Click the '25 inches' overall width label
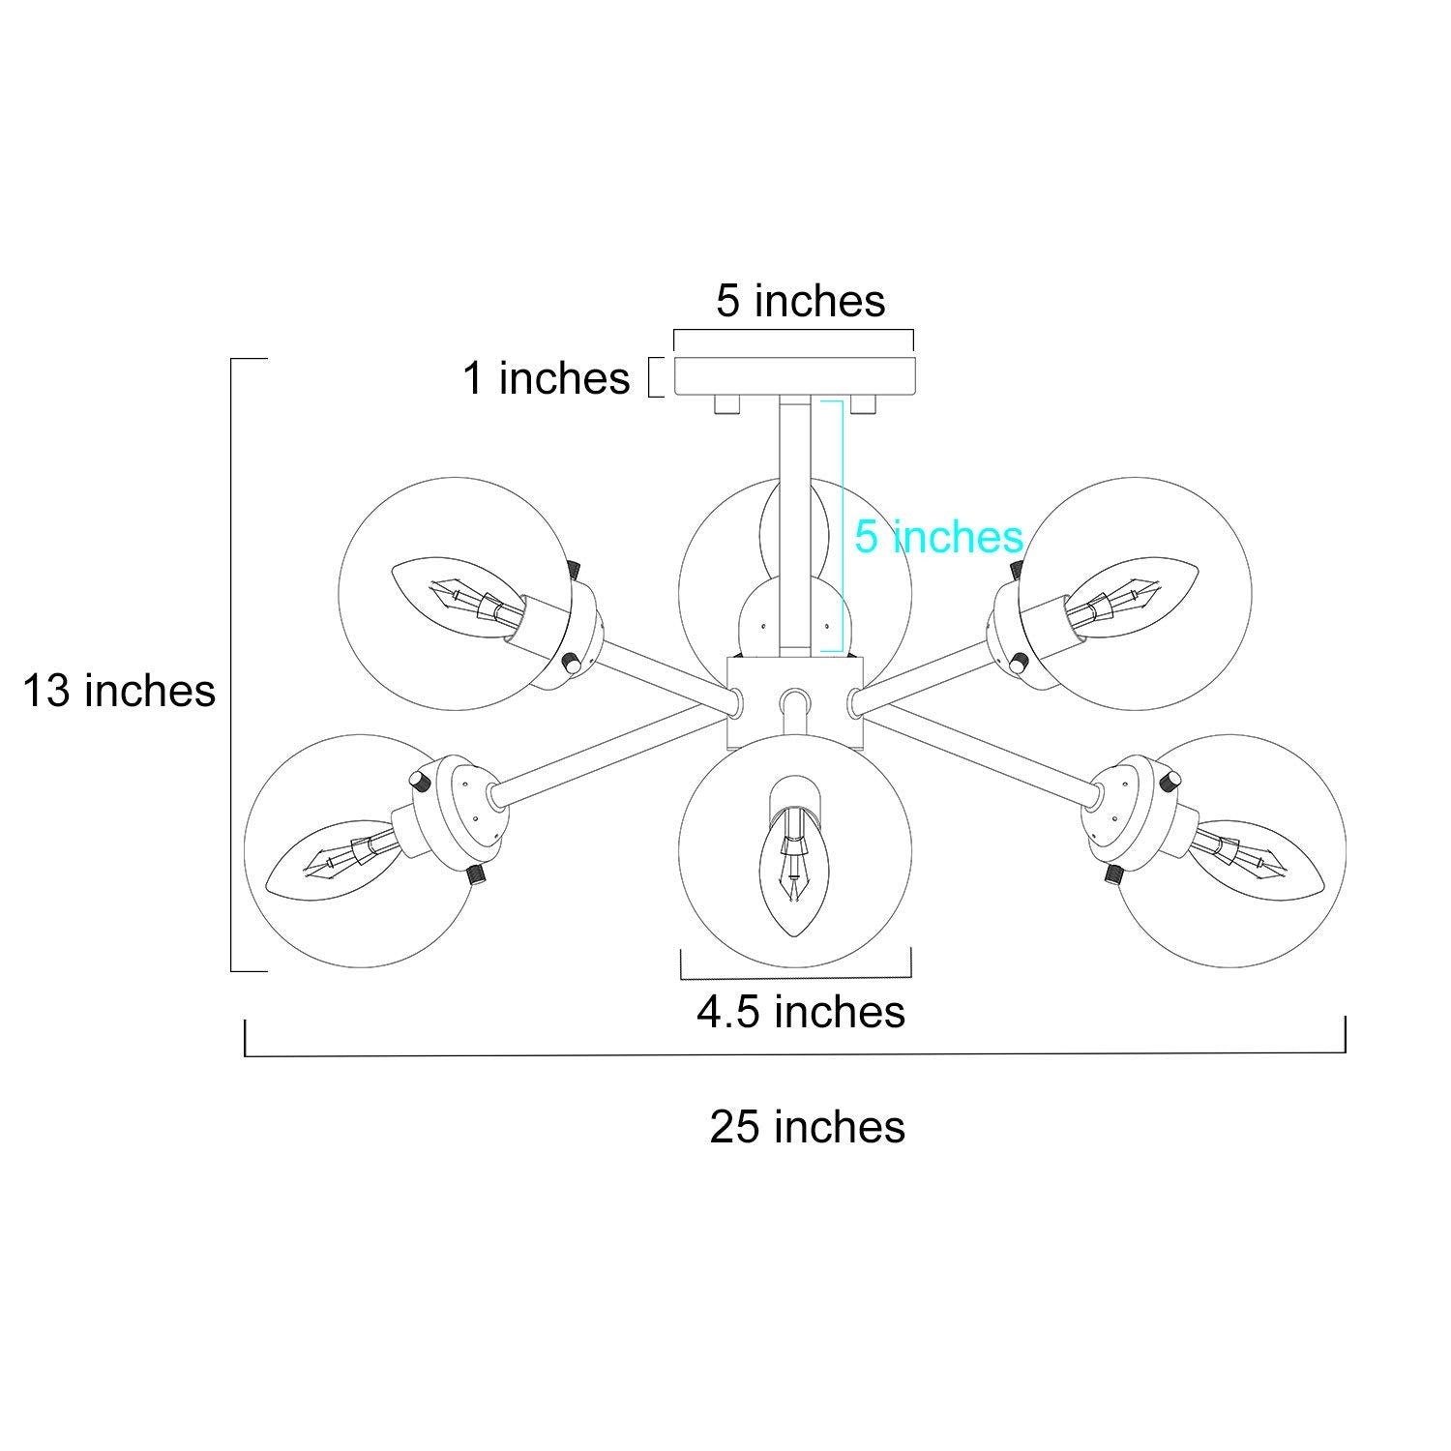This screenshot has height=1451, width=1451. (x=808, y=1127)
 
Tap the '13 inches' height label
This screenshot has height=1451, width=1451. (x=119, y=691)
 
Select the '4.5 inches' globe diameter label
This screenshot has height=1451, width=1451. (x=801, y=1011)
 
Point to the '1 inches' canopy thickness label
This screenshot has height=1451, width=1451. (x=547, y=377)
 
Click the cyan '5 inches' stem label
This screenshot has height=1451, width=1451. (x=938, y=536)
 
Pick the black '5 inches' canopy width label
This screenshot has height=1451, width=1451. (x=801, y=301)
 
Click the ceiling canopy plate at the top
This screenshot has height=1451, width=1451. (x=794, y=375)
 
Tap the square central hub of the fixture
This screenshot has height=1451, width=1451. (x=794, y=702)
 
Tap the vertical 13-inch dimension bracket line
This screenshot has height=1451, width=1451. (x=232, y=664)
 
